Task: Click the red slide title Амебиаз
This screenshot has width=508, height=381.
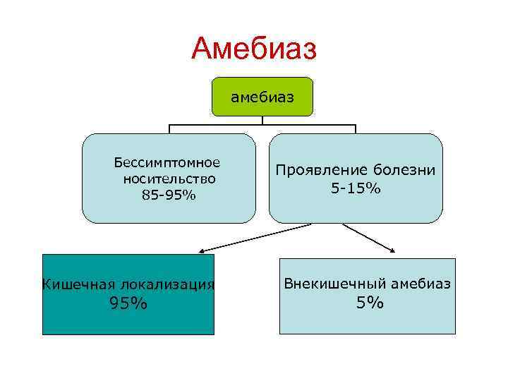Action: point(255,49)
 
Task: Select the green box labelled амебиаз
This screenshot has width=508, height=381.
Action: point(262,97)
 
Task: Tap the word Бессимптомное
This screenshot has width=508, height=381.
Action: point(167,163)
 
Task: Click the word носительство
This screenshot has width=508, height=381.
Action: point(169,179)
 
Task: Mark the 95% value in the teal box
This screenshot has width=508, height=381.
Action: point(128,303)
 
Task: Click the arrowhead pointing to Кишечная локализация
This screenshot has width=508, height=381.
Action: point(201,250)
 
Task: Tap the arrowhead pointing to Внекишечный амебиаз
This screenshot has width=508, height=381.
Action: point(392,249)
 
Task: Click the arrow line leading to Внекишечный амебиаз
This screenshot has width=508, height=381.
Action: point(367,236)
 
